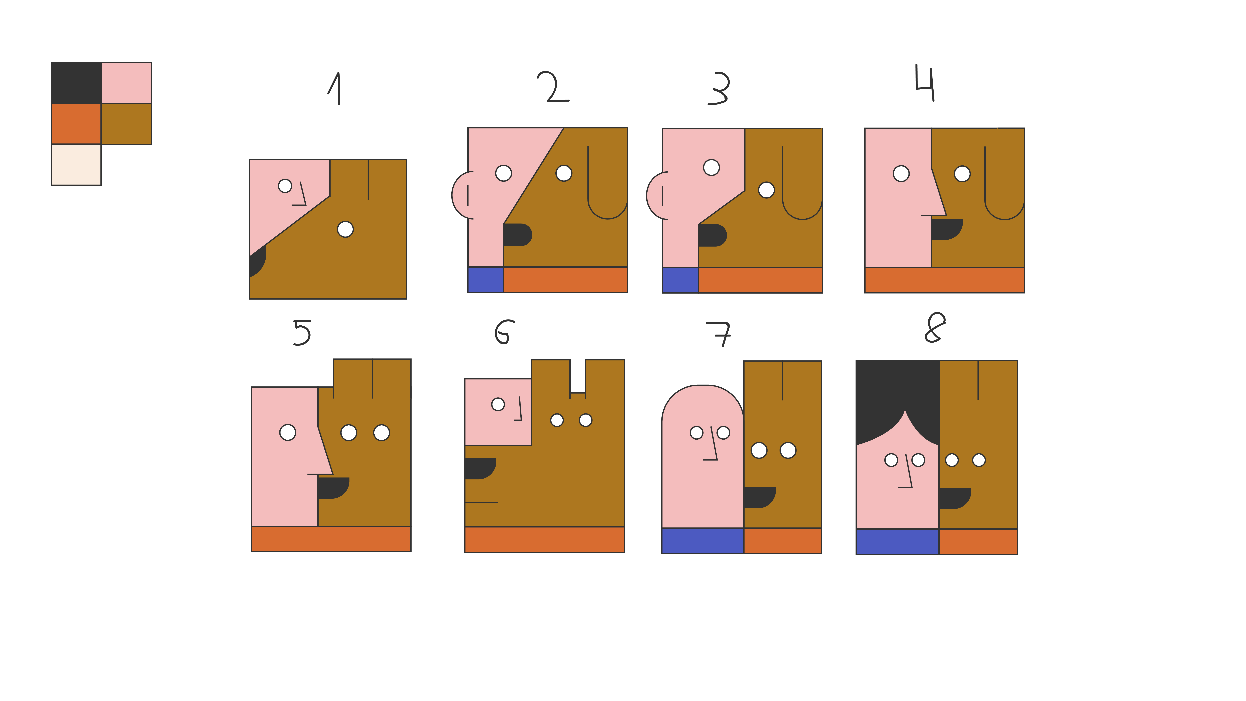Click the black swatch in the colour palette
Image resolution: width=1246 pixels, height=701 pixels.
(76, 83)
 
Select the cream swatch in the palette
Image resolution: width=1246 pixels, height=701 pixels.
(76, 165)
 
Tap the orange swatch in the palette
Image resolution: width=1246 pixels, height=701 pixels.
(76, 124)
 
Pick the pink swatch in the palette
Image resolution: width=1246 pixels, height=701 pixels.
(126, 83)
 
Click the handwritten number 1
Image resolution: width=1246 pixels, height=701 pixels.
(335, 88)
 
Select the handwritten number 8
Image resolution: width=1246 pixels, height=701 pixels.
(934, 327)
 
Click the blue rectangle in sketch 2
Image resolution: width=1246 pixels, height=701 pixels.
(486, 280)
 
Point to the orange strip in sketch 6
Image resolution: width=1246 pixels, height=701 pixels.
(544, 539)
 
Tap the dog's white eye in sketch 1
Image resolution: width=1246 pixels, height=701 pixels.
(345, 229)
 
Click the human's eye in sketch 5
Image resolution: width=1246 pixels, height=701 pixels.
(288, 432)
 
